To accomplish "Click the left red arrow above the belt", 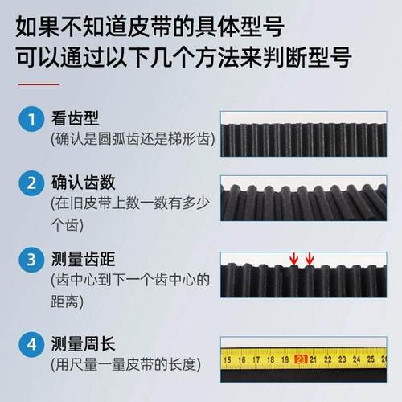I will [294, 258].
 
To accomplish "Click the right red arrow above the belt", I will [310, 258].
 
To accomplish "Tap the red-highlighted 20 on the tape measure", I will [301, 359].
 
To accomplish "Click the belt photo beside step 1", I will [309, 129].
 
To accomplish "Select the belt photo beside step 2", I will [309, 200].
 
